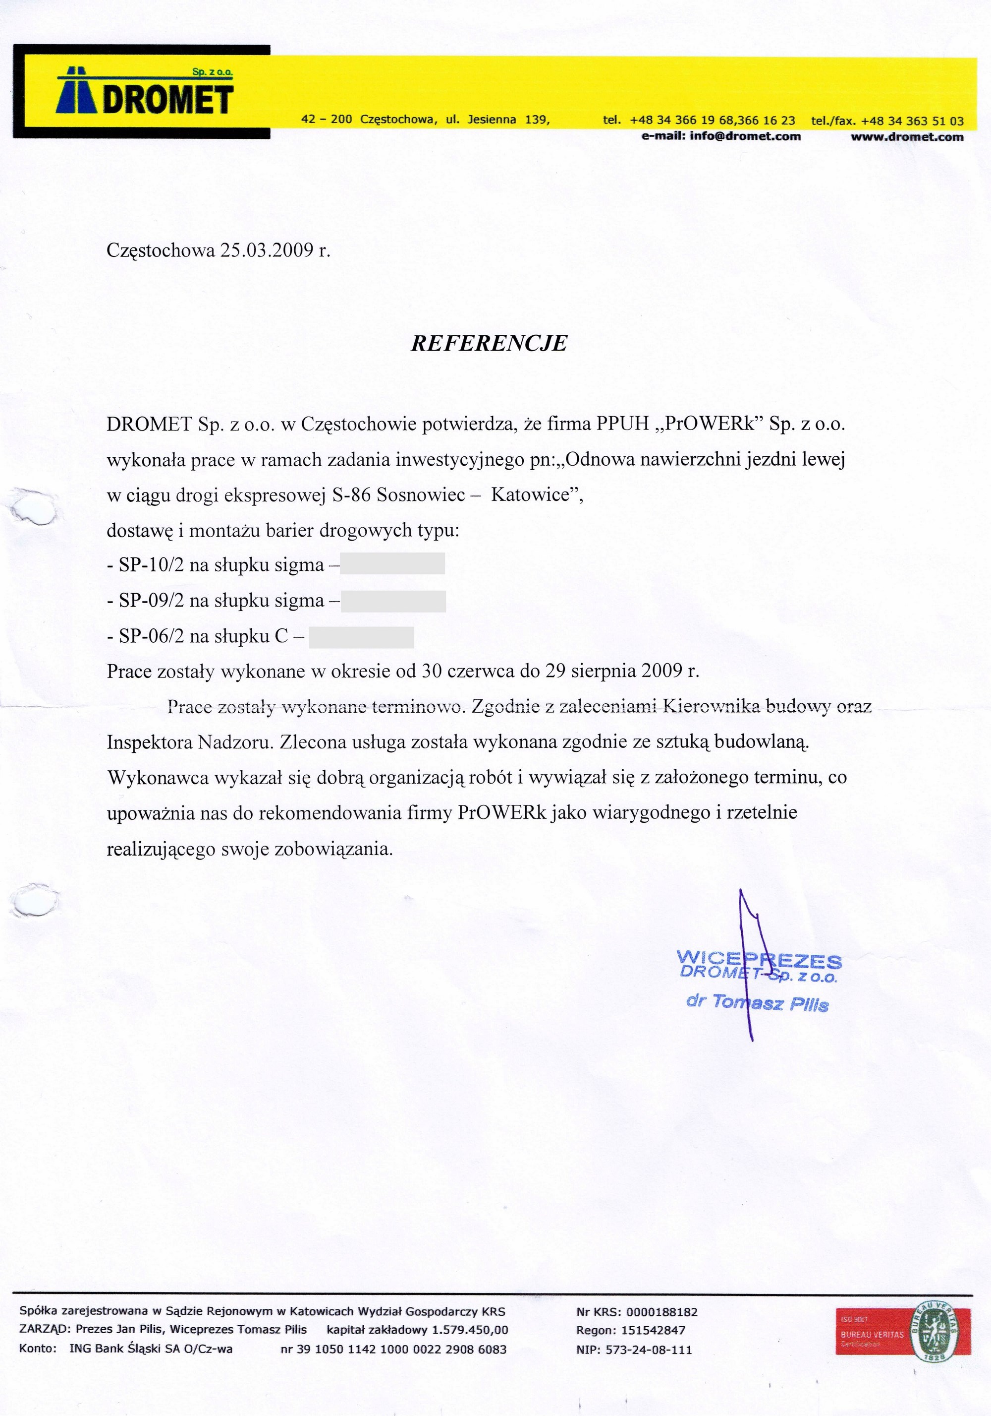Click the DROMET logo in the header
[x=146, y=93]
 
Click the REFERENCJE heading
[x=489, y=344]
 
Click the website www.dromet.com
[x=907, y=137]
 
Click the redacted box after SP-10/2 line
[x=392, y=564]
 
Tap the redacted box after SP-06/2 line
[x=361, y=637]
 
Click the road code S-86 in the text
[x=351, y=495]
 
